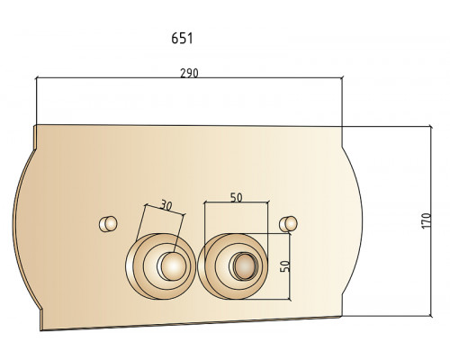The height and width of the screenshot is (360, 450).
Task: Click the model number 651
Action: click(182, 39)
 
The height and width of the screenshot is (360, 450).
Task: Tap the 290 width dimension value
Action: click(189, 73)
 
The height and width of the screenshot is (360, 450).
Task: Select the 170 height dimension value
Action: click(426, 220)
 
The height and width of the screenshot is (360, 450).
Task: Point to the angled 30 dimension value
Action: click(166, 205)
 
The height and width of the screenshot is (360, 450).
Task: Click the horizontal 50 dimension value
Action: click(236, 197)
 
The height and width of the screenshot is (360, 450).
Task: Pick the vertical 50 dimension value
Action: click(285, 266)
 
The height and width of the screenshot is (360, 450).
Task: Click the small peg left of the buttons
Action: click(108, 224)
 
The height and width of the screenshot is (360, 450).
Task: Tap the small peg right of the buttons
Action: click(288, 224)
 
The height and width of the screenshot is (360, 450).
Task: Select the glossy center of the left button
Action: click(172, 266)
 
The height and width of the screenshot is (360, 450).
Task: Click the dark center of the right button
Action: click(245, 266)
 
